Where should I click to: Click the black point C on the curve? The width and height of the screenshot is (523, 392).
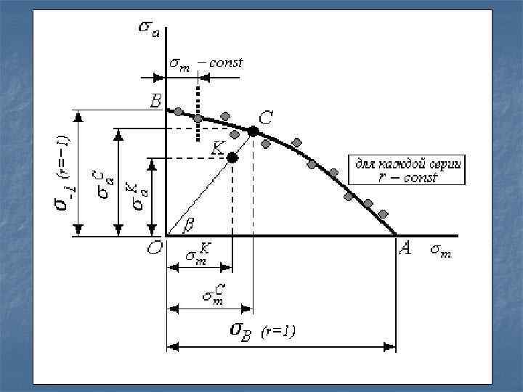[253, 131]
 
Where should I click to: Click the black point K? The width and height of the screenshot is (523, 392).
[232, 158]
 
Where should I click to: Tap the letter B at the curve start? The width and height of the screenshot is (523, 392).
[155, 102]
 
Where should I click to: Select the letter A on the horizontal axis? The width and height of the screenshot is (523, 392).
[405, 249]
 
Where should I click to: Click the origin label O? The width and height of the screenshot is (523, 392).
[154, 249]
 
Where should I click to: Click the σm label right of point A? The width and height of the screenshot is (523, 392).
[439, 250]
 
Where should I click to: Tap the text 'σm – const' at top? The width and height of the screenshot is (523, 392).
[206, 63]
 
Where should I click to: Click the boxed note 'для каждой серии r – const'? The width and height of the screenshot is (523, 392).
[408, 169]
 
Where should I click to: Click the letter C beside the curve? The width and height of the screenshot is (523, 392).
[266, 118]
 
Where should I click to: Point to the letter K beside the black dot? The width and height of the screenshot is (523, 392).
[218, 147]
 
